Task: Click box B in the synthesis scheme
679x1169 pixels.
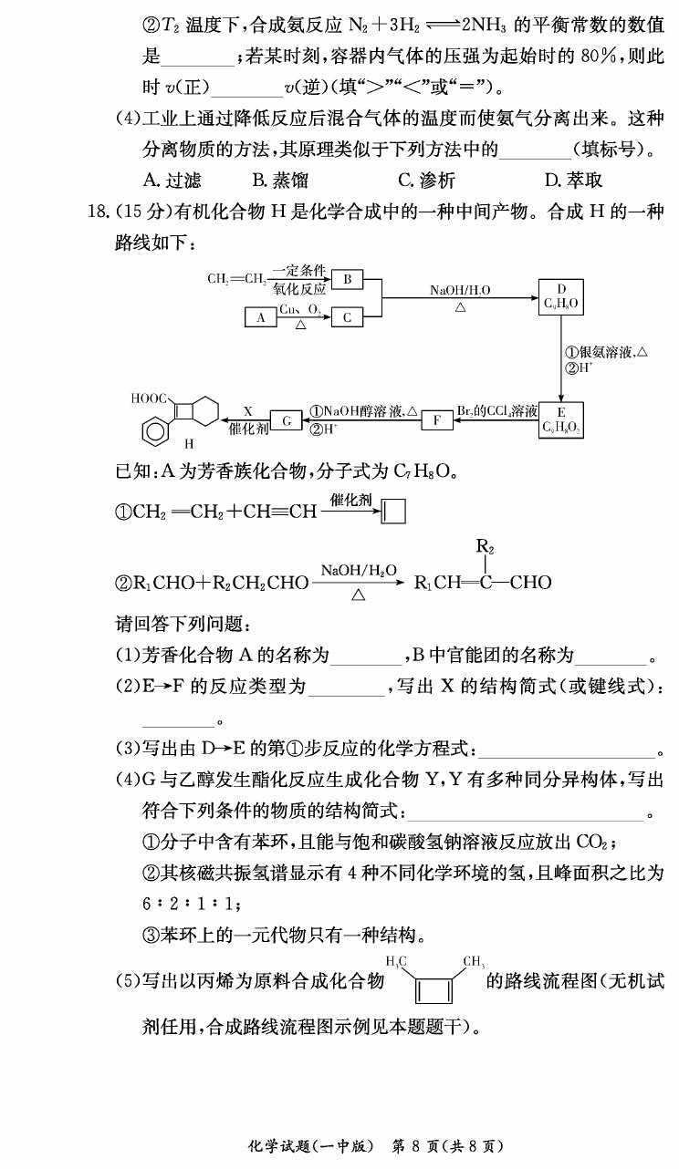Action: pos(348,279)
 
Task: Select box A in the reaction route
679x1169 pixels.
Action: pos(261,317)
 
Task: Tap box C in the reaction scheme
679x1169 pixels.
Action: pos(348,317)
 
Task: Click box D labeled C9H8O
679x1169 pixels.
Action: pos(561,297)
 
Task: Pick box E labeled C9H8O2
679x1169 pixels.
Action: pos(561,420)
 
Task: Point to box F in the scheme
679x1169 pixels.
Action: pos(437,420)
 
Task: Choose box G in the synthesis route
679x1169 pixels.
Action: pos(287,420)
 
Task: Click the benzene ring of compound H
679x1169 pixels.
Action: pos(153,431)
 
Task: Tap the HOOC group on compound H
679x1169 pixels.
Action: pos(149,398)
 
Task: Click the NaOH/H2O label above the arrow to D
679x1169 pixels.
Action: pos(460,290)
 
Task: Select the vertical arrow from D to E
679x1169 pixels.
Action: pos(561,358)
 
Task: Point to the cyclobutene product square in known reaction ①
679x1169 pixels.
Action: pos(393,512)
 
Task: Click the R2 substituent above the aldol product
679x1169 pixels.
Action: pos(486,547)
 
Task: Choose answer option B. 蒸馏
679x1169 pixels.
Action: pos(280,180)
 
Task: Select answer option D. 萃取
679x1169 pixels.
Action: pos(573,180)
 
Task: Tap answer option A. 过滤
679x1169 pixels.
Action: pos(172,180)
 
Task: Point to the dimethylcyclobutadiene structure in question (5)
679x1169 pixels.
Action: pos(434,979)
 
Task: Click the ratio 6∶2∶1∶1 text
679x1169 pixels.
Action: pos(189,904)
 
